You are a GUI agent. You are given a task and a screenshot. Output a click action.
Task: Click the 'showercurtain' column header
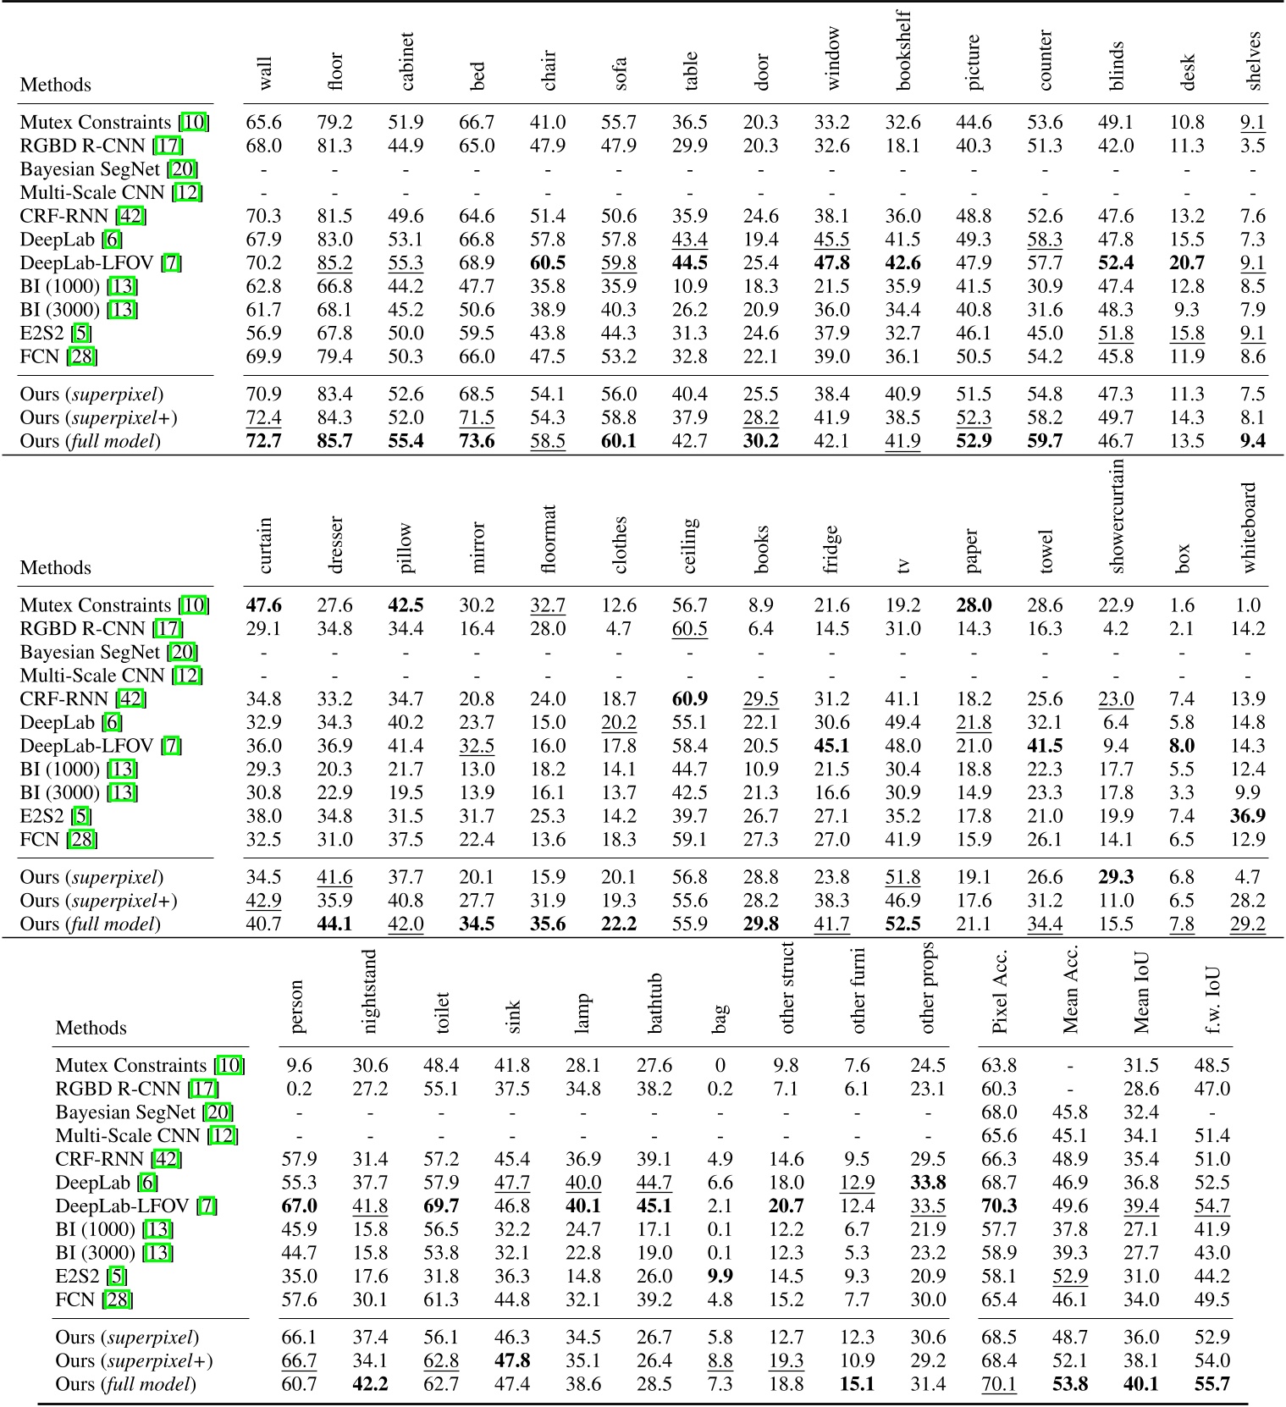[1116, 516]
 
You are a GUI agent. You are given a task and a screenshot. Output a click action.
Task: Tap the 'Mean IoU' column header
[1141, 993]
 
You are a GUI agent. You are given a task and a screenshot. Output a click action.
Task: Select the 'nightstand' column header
[369, 991]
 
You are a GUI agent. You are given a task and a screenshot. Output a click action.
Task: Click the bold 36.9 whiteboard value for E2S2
[1248, 816]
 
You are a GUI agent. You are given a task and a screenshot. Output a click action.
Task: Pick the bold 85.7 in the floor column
[334, 441]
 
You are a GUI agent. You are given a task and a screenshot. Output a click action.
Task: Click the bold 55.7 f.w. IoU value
[1211, 1384]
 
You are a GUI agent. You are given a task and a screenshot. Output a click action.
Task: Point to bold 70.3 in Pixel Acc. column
[999, 1206]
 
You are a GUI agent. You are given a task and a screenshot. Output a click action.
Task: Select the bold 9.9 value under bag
[720, 1276]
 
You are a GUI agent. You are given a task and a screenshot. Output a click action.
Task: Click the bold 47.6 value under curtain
[263, 605]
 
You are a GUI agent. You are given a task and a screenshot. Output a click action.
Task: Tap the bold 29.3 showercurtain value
[1116, 877]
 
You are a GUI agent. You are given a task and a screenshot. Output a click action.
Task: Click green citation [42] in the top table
[131, 216]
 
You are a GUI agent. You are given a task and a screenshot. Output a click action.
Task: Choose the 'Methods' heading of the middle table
[56, 567]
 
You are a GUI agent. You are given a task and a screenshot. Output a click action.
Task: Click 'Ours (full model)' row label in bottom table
[125, 1384]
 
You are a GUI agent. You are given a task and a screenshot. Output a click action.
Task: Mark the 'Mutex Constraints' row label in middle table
[96, 605]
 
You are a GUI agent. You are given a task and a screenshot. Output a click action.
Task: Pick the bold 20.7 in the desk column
[1187, 263]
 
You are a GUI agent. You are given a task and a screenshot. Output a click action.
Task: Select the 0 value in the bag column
[720, 1066]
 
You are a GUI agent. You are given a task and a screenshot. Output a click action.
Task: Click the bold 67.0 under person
[299, 1206]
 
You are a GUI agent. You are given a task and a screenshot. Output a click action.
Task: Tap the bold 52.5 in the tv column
[902, 924]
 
